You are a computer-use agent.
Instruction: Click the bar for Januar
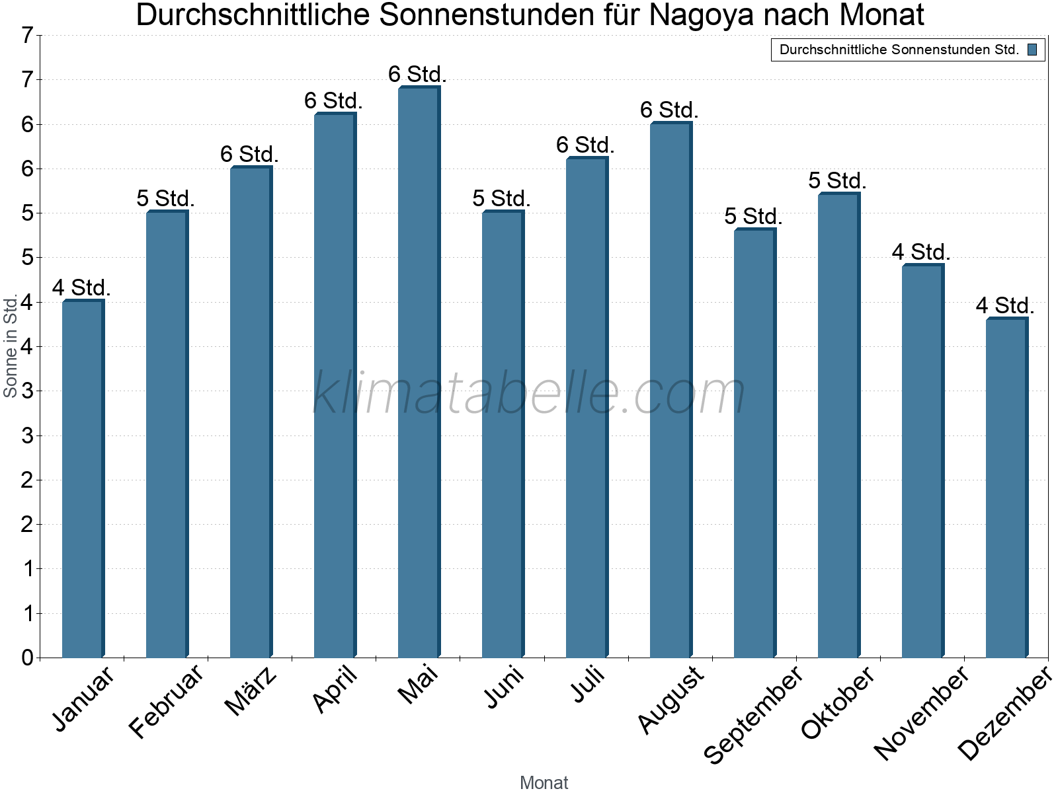[82, 479]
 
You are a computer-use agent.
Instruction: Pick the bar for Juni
[502, 434]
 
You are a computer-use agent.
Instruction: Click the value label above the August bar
[669, 110]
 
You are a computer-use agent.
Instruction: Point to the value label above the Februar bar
[165, 198]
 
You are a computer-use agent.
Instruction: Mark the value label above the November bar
[920, 252]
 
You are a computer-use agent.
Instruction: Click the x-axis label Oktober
[838, 703]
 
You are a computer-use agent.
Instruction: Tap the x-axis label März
[251, 691]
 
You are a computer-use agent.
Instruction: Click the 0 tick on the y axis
[27, 658]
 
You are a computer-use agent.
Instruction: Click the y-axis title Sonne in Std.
[10, 346]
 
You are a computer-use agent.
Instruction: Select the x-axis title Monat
[544, 782]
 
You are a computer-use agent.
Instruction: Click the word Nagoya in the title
[702, 15]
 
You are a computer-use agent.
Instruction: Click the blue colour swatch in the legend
[1032, 50]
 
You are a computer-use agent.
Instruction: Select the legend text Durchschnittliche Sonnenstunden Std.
[899, 50]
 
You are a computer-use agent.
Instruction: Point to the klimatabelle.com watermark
[529, 393]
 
